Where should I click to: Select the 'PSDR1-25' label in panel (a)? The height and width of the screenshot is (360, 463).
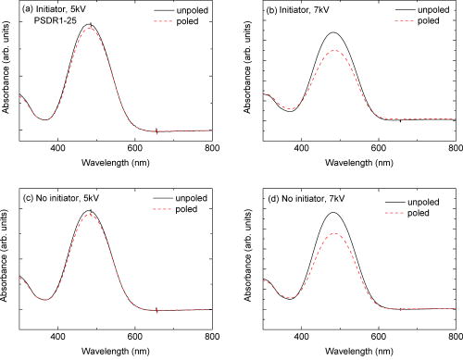click(64, 25)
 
